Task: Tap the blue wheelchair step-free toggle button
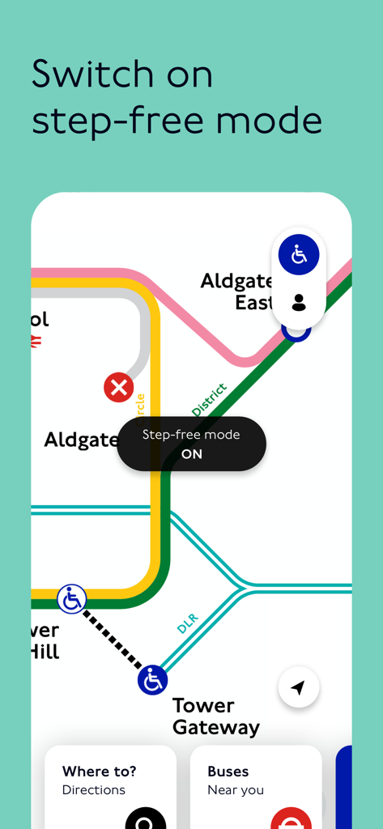click(299, 255)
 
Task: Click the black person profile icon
click(299, 303)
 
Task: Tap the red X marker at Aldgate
click(119, 388)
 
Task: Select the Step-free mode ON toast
click(191, 444)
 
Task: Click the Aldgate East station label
click(236, 291)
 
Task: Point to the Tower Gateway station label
click(215, 716)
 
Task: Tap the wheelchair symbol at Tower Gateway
click(152, 680)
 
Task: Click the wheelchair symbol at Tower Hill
click(72, 600)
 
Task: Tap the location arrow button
click(298, 688)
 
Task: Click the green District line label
click(209, 400)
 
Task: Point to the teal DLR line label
click(187, 623)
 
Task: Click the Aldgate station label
click(81, 440)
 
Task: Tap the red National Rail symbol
click(35, 342)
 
